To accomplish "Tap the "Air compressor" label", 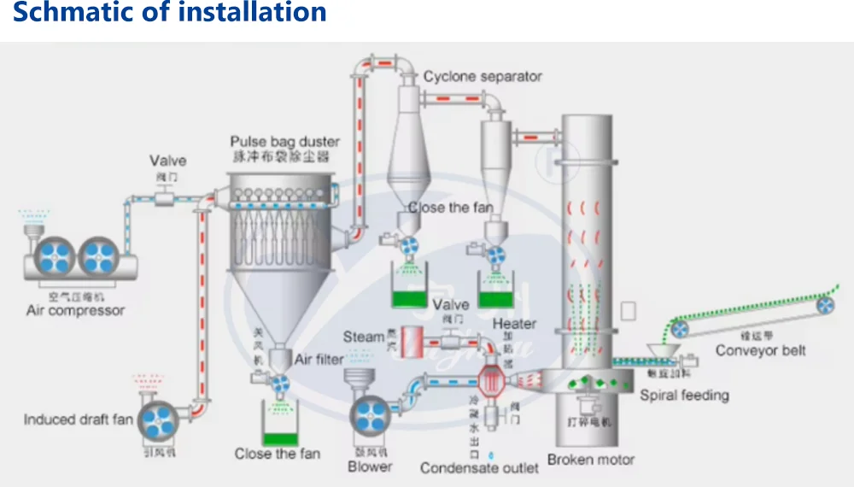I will coord(75,311).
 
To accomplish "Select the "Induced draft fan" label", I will coord(79,420).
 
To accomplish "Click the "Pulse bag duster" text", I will coord(284,141).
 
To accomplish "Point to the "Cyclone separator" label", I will coord(483,77).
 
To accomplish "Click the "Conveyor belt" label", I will coord(760,350).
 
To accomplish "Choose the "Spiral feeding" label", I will coord(685,395).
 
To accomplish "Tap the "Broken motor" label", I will coord(591,460).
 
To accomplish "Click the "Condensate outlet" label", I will coord(479,468).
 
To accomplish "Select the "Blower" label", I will coord(370,466).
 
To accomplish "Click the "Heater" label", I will coord(514,324).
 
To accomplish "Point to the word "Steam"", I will coord(363,337).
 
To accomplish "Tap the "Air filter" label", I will coord(319,360).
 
